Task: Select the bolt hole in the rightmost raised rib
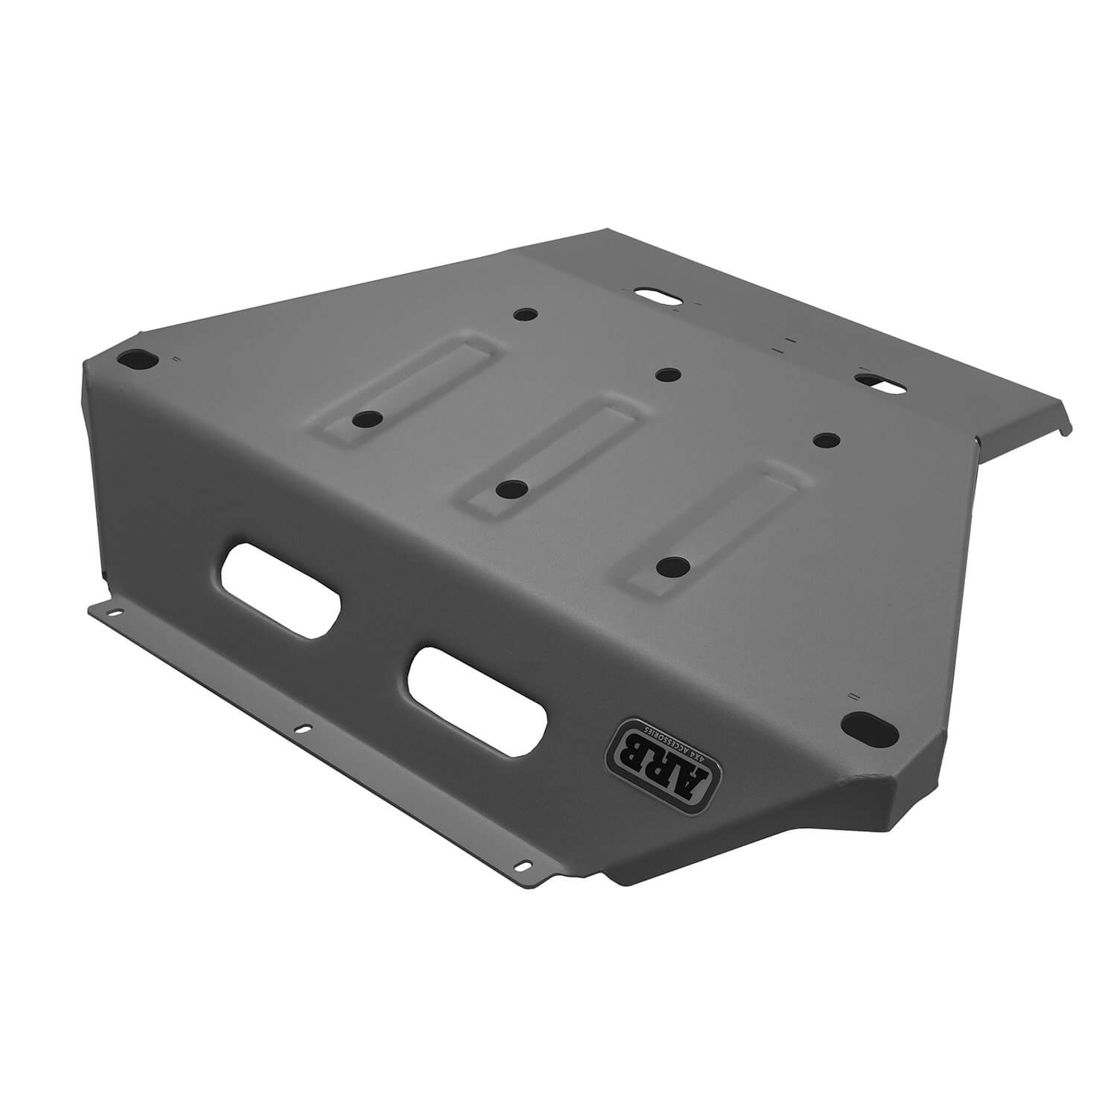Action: click(x=672, y=566)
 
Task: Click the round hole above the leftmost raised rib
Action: click(x=526, y=314)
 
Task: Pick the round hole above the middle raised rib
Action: click(x=664, y=374)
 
